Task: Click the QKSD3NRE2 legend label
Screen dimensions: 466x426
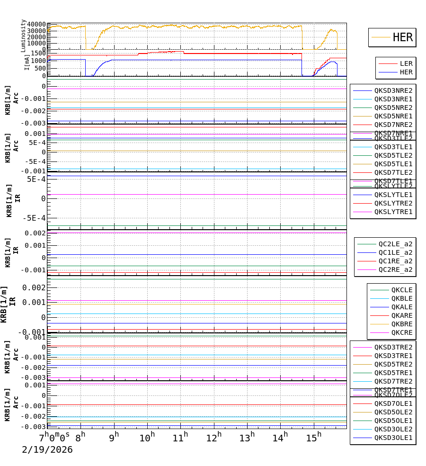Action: click(x=393, y=90)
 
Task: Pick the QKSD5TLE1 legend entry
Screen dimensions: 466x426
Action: click(x=393, y=164)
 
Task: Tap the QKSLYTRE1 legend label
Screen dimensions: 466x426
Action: click(x=393, y=212)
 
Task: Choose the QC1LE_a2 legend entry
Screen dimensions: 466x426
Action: click(x=395, y=252)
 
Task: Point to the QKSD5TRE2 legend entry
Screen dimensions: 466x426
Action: click(x=393, y=364)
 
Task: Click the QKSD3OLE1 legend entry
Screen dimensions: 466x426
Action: click(x=393, y=438)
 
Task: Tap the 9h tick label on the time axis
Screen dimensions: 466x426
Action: click(x=114, y=437)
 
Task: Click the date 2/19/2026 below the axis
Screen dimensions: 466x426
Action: click(x=47, y=449)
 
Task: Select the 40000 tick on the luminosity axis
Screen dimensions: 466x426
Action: click(x=36, y=25)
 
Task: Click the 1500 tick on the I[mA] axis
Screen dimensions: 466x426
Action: click(x=38, y=53)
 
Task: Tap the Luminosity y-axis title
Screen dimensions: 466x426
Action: click(x=23, y=35)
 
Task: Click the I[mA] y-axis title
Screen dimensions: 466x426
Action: click(x=27, y=62)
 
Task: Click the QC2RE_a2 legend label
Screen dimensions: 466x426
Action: click(x=395, y=269)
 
